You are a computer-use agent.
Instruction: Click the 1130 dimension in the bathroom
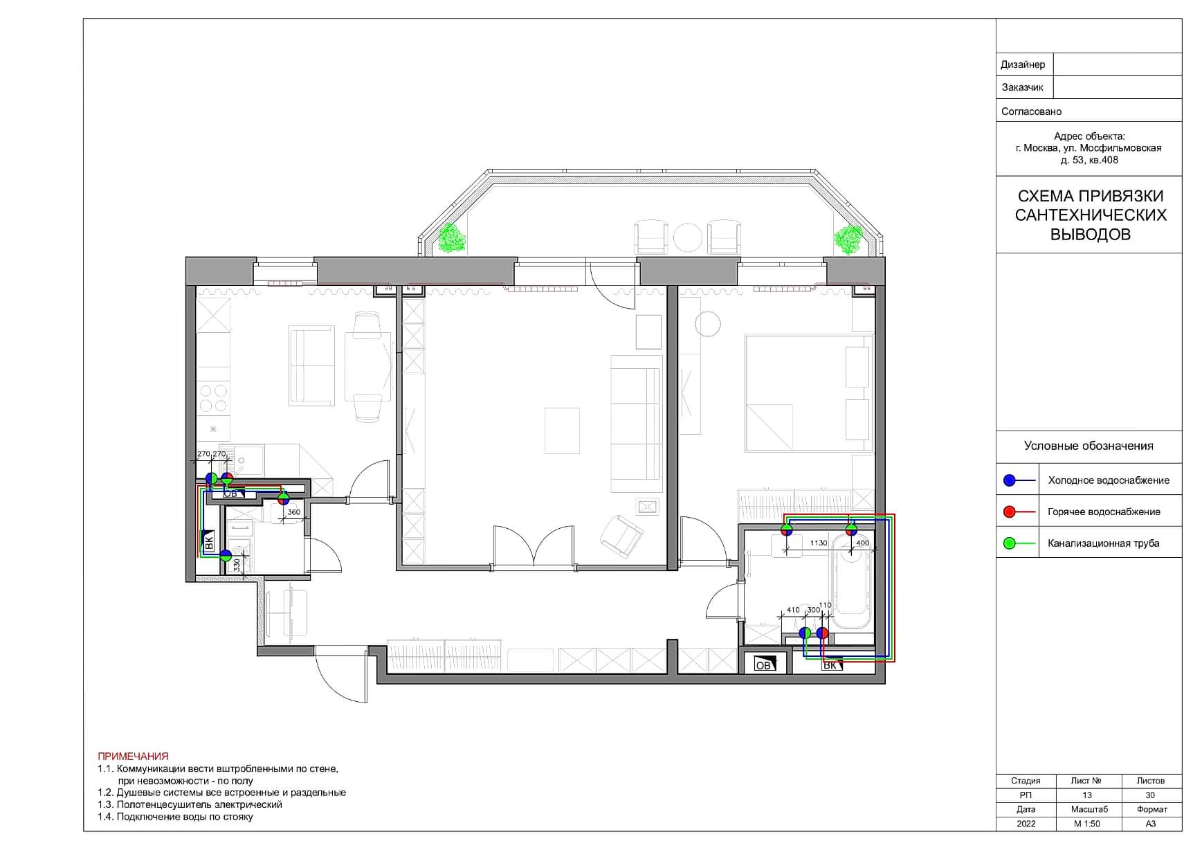819,543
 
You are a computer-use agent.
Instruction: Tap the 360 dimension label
293,513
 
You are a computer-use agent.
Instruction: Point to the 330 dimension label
237,566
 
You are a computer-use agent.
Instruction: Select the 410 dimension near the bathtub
793,611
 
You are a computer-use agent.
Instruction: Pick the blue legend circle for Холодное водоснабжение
1010,480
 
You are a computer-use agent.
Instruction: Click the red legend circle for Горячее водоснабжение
1010,512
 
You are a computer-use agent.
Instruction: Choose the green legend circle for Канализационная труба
1010,543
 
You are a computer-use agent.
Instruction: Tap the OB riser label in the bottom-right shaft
763,665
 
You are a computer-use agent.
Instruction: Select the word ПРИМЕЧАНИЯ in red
133,757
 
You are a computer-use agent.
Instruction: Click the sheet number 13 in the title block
1086,795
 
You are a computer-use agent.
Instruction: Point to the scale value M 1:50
1086,824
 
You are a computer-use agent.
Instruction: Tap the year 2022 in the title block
1026,824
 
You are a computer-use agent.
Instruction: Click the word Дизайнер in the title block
1023,64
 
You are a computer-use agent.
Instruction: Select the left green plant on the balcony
451,238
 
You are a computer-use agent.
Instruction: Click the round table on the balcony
688,237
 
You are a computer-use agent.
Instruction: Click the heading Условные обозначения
1089,446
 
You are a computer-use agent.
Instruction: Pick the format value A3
1150,824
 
